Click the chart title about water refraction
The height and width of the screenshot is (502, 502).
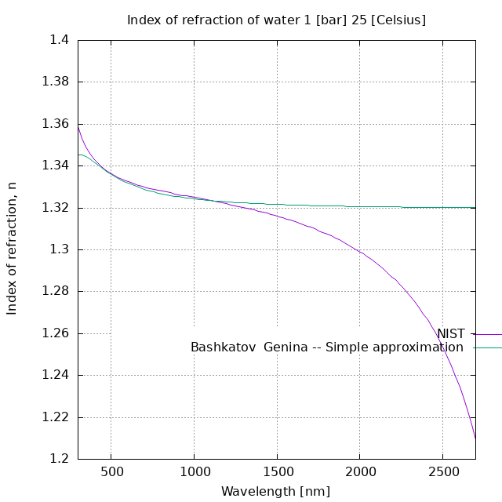coord(276,20)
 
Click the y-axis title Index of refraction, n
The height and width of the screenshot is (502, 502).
coord(12,248)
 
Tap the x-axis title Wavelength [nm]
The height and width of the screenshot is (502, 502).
coord(275,492)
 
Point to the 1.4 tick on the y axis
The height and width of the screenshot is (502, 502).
coord(60,40)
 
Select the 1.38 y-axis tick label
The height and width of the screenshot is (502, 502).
coord(56,82)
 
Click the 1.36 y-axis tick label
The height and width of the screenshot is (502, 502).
coord(56,124)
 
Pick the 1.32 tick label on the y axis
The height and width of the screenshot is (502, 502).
coord(56,208)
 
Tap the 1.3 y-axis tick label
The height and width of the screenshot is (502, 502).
coord(60,249)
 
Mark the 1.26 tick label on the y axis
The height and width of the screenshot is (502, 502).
coord(56,333)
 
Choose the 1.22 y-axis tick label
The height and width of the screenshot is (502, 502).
coord(56,417)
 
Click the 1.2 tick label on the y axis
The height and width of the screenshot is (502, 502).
coord(60,459)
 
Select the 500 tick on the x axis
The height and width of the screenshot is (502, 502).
coord(111,471)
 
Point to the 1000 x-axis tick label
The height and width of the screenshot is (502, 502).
coord(194,471)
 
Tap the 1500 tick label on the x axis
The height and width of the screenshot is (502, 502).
coord(276,471)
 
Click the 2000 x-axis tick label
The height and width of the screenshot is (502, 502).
coord(359,471)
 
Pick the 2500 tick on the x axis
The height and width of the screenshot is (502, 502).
coord(442,471)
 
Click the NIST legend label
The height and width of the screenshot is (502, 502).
coord(450,334)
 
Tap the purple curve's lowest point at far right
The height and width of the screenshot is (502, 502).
coord(475,437)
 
